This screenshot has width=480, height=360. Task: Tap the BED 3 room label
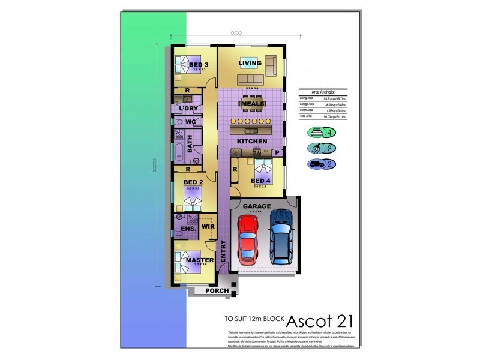tap(199, 65)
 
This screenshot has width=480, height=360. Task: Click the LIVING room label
tap(250, 63)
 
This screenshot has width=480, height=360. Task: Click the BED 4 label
tap(261, 181)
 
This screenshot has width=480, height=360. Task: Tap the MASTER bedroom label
tap(200, 260)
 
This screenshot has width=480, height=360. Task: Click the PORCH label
tap(217, 291)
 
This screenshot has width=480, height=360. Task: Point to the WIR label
tap(208, 226)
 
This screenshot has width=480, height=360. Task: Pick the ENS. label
tap(181, 229)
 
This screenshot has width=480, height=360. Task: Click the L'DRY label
tap(188, 109)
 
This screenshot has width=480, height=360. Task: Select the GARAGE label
tap(256, 206)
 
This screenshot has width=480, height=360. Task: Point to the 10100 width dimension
tap(235, 34)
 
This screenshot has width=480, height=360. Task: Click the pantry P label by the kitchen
tap(277, 154)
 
